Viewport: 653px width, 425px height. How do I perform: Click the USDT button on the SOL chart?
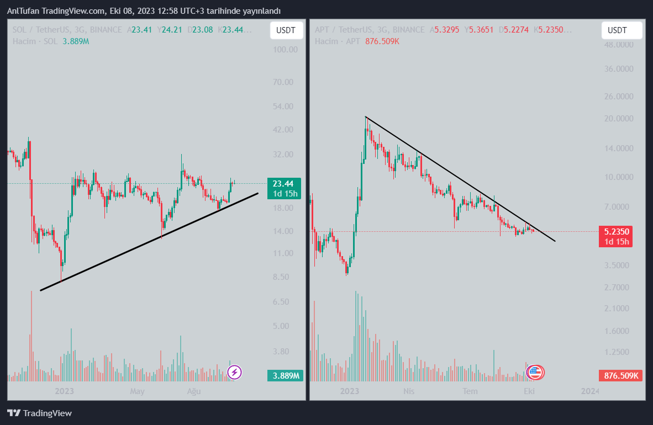(286, 30)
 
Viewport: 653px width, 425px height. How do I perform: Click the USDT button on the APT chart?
(622, 30)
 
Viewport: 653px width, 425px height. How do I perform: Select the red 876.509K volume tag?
(621, 376)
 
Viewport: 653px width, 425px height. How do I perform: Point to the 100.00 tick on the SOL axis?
(286, 50)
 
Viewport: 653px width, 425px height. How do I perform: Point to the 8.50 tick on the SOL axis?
(287, 277)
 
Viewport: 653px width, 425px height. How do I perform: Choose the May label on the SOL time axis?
(137, 391)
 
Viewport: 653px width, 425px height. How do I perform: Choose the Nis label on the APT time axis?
(409, 391)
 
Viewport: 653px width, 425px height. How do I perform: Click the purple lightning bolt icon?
(234, 373)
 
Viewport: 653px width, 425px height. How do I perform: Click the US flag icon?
(535, 373)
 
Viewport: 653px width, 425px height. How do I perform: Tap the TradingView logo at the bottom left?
(39, 413)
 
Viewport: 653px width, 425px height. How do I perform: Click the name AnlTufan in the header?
(23, 11)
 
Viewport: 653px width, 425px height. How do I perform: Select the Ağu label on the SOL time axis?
(193, 391)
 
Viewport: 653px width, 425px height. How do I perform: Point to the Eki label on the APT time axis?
(529, 391)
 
